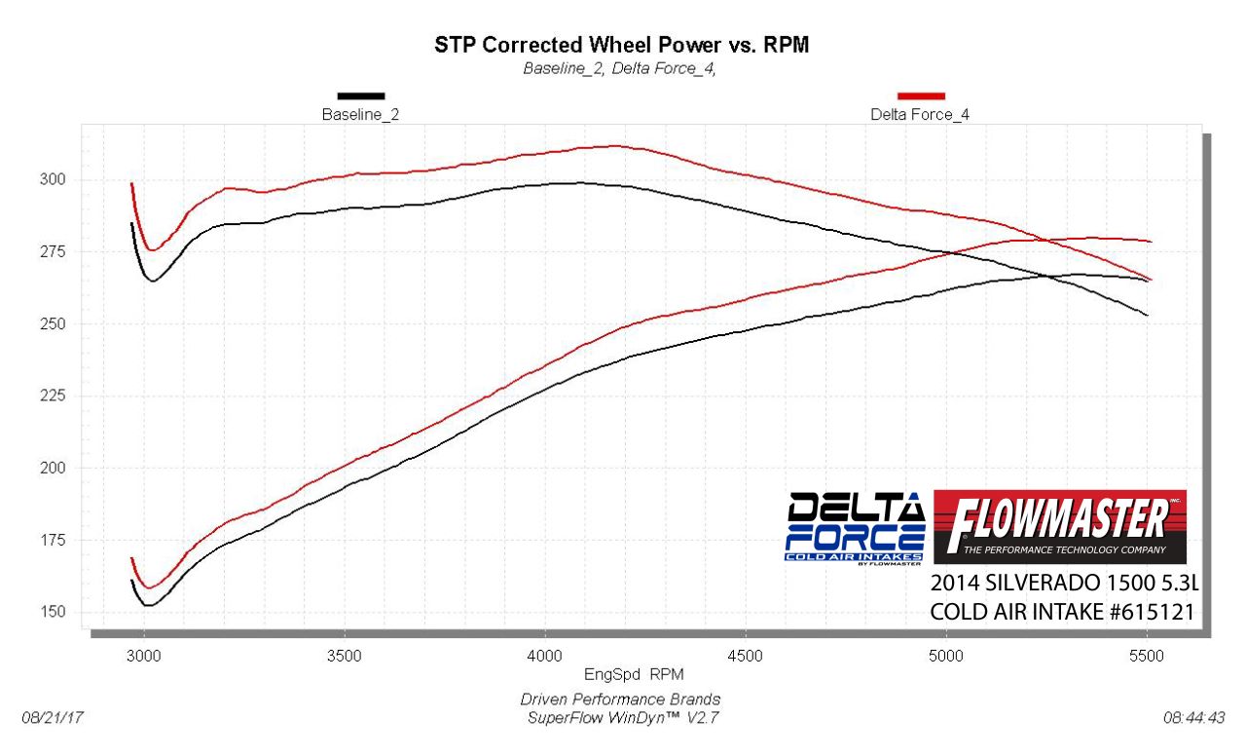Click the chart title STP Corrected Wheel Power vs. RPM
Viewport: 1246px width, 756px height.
(621, 45)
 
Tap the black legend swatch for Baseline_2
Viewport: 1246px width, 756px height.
(361, 95)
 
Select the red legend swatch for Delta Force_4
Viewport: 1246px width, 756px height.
(921, 95)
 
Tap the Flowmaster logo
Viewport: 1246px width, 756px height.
(1059, 527)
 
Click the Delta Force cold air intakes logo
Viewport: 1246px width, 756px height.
(855, 527)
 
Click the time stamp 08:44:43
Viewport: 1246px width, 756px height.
(1193, 718)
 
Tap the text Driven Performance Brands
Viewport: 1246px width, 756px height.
(621, 699)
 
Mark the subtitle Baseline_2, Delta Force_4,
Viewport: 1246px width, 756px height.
(620, 68)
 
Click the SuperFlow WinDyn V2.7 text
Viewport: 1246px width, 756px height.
(622, 718)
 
